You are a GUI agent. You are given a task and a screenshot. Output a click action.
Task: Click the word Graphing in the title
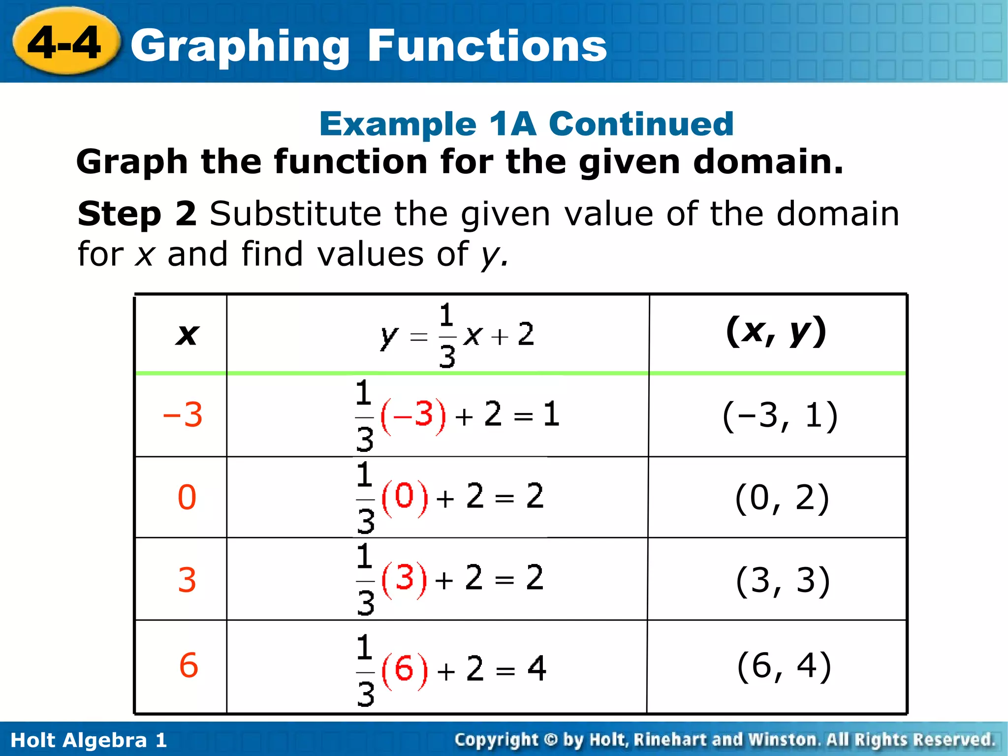coord(240,47)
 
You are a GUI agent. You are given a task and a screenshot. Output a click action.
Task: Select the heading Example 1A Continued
coord(526,124)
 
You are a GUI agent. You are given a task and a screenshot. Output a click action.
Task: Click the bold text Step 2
coord(137,214)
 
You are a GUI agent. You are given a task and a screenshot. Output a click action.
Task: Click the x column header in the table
coord(187,335)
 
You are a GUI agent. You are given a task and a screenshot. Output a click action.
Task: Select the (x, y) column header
coord(776,332)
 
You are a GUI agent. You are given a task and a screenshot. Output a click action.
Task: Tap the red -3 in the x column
coord(183,415)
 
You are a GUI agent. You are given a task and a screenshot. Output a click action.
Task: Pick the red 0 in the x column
coord(187,497)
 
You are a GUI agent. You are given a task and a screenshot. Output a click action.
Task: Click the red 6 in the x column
coord(189,665)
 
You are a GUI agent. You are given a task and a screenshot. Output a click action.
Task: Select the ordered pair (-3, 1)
coord(780,416)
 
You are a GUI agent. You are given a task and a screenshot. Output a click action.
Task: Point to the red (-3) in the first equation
coord(414,415)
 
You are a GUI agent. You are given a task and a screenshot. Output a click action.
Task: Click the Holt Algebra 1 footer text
coord(89,740)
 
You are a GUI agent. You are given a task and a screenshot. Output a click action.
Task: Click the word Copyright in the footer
coord(496,740)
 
